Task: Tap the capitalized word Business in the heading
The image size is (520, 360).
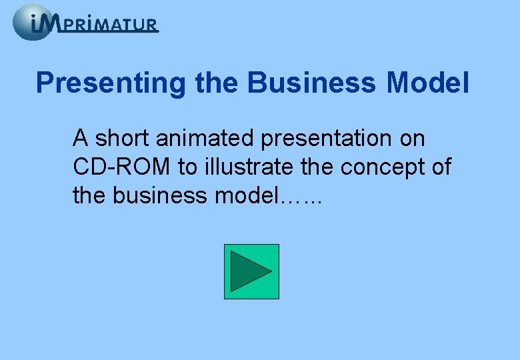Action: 311,84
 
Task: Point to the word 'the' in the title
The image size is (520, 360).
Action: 217,84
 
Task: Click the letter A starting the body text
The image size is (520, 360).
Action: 81,139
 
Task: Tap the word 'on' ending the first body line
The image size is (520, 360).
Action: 411,139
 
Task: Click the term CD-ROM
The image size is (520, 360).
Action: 123,167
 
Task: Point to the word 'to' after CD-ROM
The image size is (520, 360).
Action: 187,167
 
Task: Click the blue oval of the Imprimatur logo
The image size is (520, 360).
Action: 32,22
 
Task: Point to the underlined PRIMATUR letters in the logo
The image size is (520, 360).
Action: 112,25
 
